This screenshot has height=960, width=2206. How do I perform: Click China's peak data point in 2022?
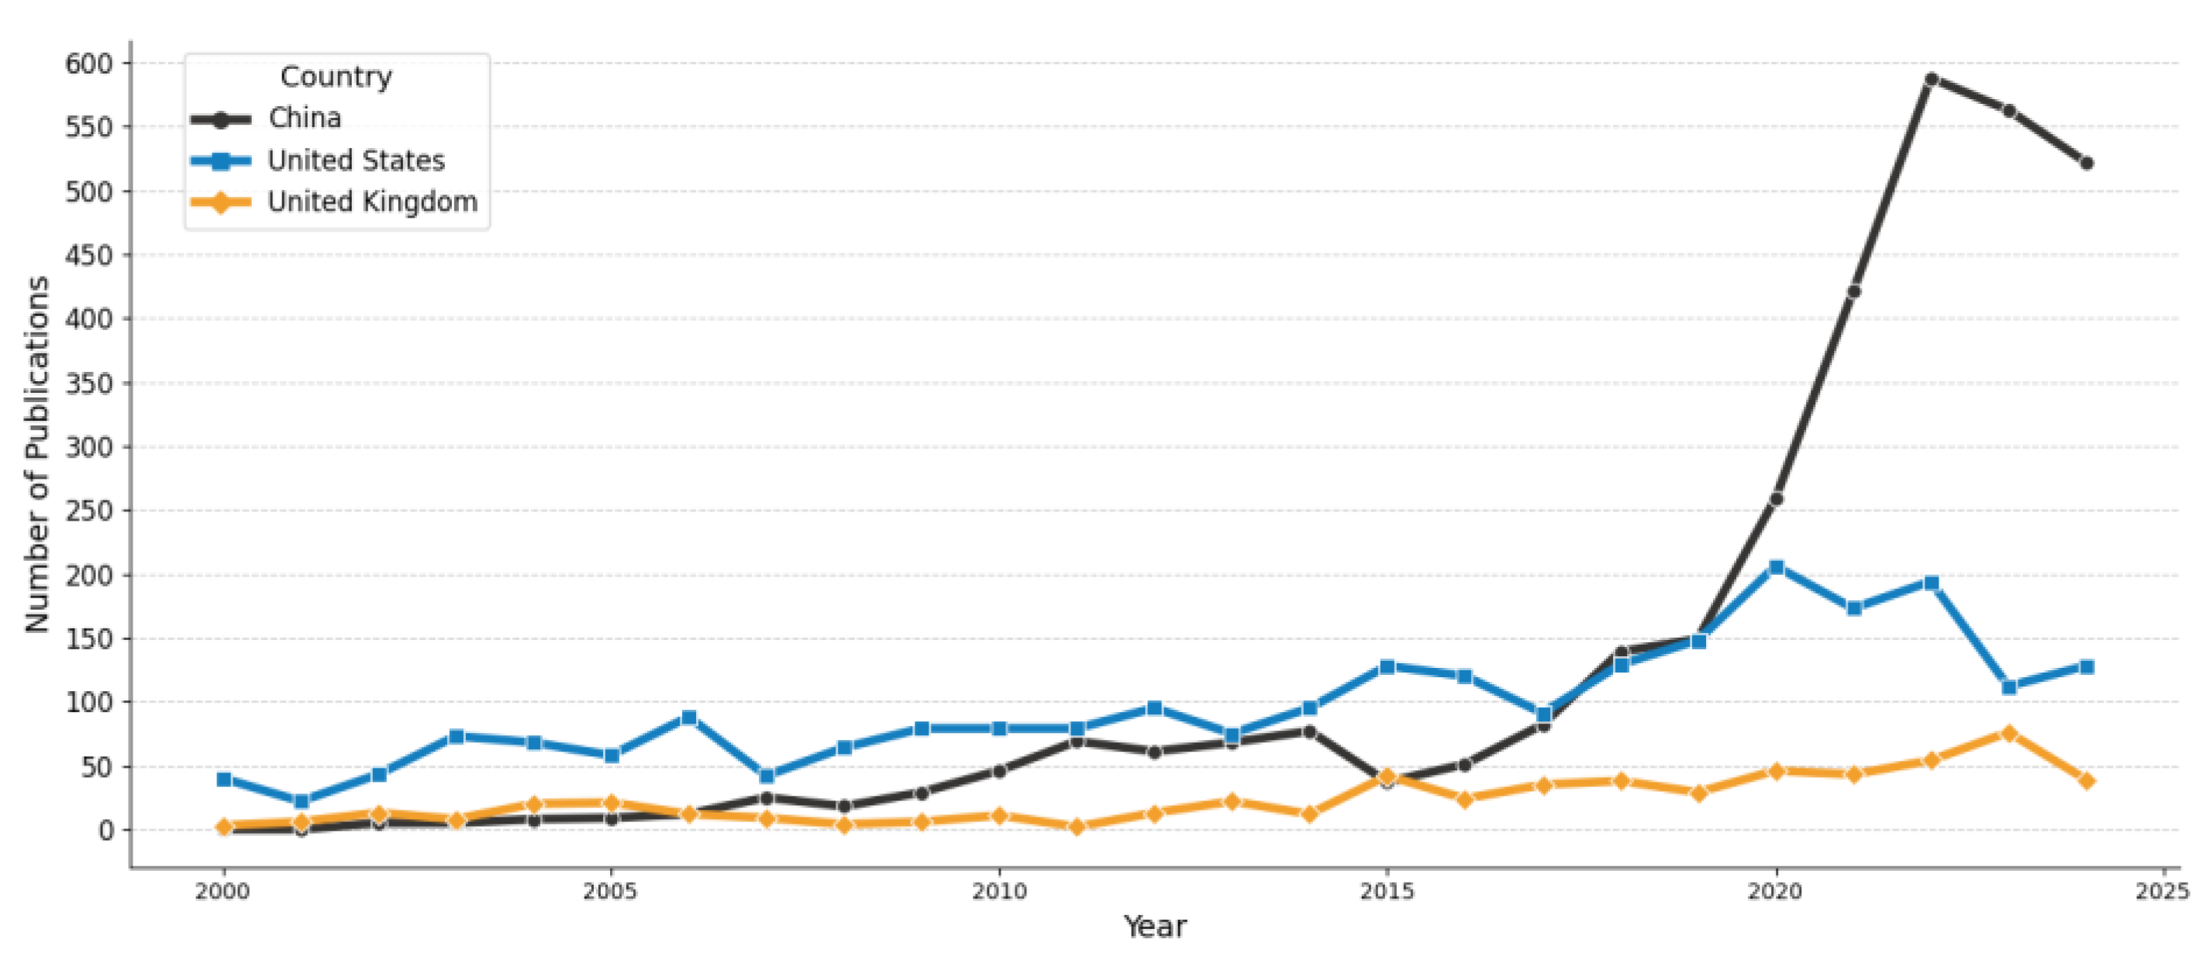[1931, 79]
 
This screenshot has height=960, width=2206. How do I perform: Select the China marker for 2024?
[2086, 163]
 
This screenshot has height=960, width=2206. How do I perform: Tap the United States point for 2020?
[1776, 567]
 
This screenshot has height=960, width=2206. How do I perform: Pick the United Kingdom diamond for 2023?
[2009, 733]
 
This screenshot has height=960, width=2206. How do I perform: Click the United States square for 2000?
[223, 779]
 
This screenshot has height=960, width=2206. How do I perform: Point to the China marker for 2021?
[1853, 291]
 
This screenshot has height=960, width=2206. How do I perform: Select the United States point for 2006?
[688, 717]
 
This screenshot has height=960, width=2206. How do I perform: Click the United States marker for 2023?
[2009, 686]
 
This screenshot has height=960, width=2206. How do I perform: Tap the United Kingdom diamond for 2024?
[2086, 780]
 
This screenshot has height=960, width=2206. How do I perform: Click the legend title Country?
[336, 77]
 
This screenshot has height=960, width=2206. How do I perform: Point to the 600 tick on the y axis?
[89, 64]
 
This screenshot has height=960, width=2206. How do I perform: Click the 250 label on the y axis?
[89, 511]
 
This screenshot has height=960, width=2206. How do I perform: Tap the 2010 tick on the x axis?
[998, 893]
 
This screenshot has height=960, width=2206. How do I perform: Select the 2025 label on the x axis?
[2162, 893]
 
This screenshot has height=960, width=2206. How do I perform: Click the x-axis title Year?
[1154, 927]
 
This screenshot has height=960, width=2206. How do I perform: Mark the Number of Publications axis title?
[36, 454]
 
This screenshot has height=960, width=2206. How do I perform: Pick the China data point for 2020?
[1776, 498]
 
